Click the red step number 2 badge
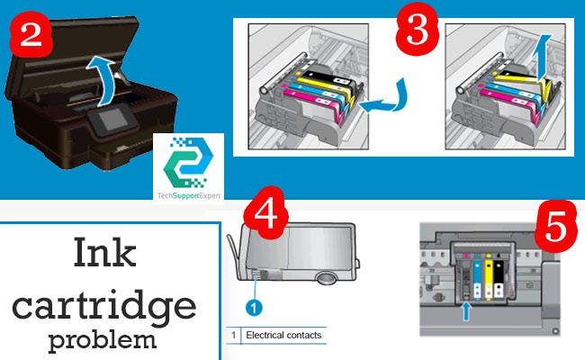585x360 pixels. click(31, 36)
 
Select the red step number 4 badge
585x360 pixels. click(265, 213)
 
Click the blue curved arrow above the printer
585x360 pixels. click(102, 78)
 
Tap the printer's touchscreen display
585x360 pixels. click(112, 120)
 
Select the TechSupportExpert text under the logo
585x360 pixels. click(189, 195)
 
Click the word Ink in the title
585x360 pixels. click(104, 253)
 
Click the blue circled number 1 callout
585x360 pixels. click(254, 308)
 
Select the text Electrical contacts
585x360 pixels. click(283, 335)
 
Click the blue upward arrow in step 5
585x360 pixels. click(466, 311)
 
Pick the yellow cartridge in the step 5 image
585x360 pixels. click(489, 279)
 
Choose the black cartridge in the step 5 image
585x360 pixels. click(499, 279)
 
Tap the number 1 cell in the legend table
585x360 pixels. click(234, 335)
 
